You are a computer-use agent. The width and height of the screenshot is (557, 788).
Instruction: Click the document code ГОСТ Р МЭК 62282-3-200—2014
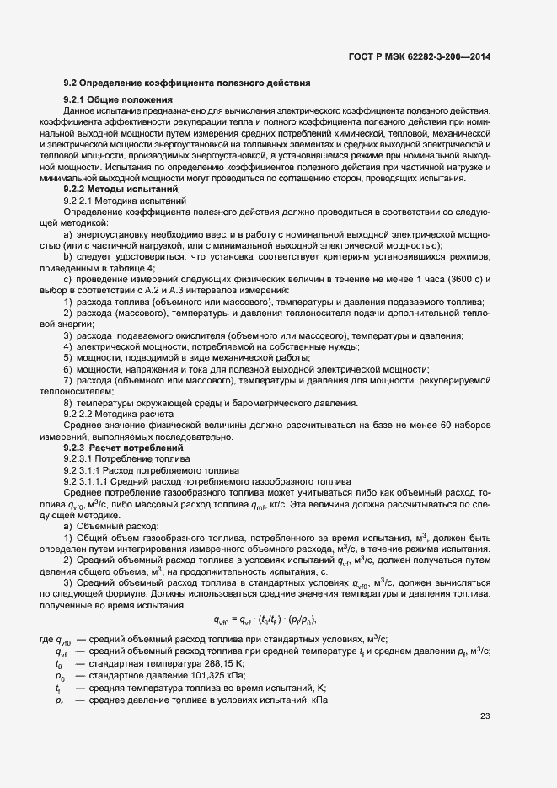[419, 56]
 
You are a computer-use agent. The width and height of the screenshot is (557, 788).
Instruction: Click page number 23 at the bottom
[485, 717]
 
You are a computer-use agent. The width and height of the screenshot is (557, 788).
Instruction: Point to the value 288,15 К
[198, 664]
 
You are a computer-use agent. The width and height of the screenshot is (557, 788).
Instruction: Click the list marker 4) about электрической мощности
[68, 346]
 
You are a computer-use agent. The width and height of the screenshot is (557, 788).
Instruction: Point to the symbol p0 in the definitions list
[60, 677]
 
